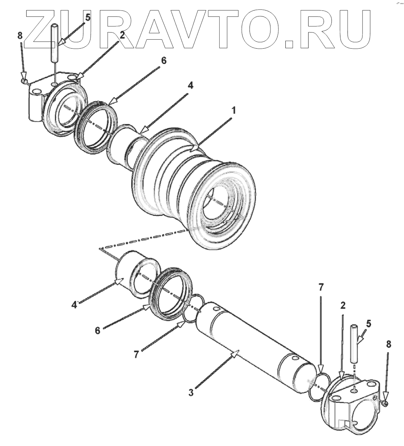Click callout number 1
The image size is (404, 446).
[234, 111]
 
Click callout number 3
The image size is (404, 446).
[191, 393]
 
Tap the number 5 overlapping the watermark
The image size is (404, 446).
[88, 17]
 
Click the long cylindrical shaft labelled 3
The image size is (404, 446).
[254, 344]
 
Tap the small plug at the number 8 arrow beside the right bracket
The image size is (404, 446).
[386, 403]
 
